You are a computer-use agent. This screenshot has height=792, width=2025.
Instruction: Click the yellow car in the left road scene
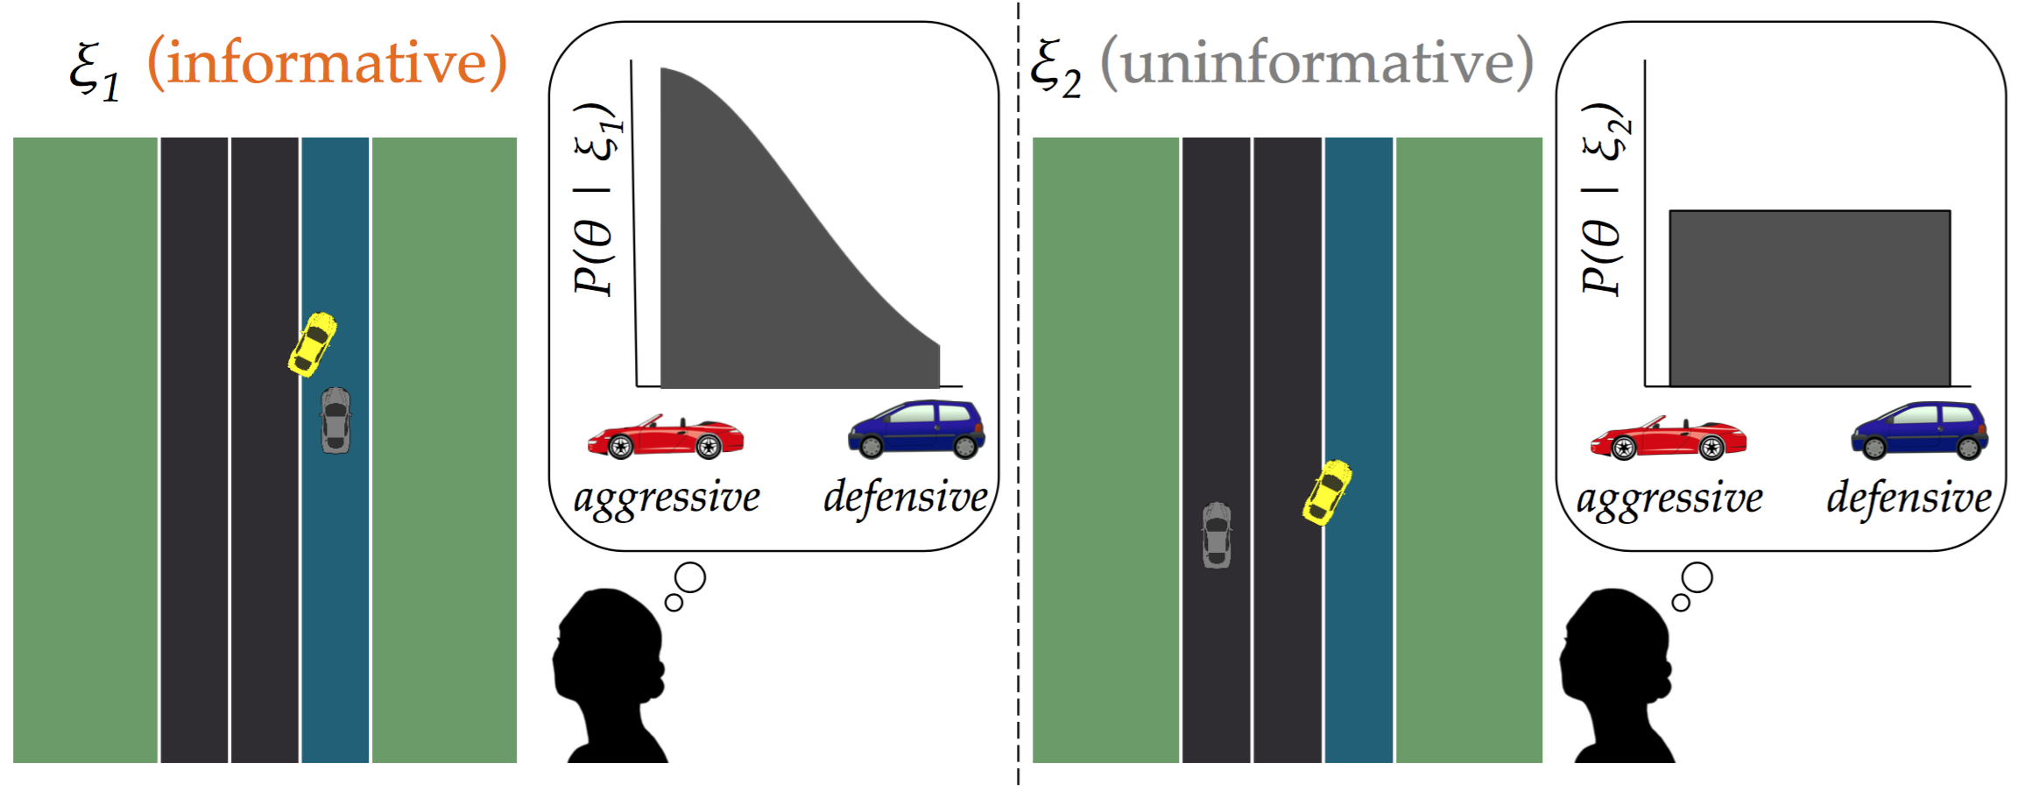pos(313,344)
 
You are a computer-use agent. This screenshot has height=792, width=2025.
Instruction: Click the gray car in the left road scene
pos(335,420)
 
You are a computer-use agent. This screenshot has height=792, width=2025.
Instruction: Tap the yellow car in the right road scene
pos(1327,491)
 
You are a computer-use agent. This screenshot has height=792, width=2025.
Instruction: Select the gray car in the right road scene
pos(1217,534)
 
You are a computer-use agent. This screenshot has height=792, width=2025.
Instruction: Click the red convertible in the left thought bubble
pos(666,437)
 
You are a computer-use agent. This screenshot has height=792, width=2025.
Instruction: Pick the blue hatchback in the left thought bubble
pos(916,429)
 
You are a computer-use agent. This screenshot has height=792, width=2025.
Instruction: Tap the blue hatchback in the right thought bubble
pos(1919,430)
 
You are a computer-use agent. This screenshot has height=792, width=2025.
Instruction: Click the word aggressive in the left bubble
pos(667,499)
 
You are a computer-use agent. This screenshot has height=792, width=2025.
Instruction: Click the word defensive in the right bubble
pos(1909,499)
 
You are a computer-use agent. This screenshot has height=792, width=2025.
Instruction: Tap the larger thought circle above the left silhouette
pos(690,578)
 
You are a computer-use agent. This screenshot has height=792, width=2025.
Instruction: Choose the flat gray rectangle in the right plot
pos(1810,298)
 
